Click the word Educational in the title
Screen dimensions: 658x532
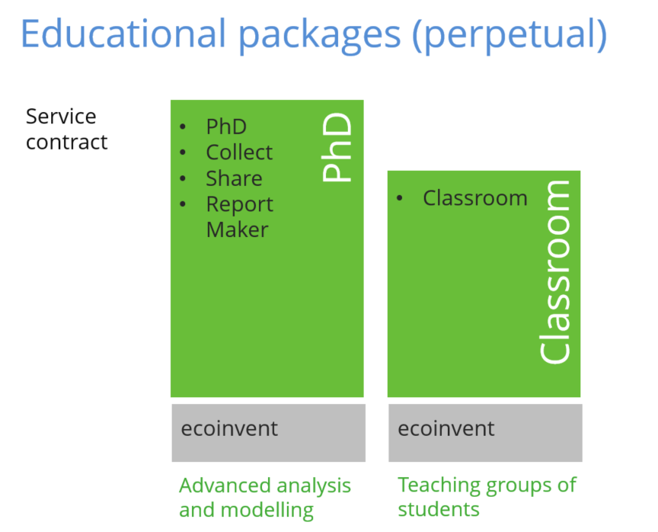123,34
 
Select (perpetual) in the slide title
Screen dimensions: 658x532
509,36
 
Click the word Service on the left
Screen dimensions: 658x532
61,117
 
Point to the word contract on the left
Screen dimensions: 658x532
67,143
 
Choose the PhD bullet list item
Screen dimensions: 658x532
226,127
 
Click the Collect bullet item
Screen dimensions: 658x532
239,152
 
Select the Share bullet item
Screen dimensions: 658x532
234,178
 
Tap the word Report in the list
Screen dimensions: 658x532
240,205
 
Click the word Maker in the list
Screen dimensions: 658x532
237,230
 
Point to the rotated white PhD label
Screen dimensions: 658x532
337,147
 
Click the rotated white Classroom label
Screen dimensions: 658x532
554,271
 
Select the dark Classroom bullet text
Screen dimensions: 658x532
475,197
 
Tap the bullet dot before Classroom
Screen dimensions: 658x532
400,197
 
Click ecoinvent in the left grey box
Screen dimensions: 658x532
229,428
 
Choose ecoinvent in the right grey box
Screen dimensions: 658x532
446,428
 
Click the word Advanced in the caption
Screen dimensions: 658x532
225,486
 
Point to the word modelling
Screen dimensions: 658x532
267,511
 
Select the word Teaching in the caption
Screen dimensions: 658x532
439,486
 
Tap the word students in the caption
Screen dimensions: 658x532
439,510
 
